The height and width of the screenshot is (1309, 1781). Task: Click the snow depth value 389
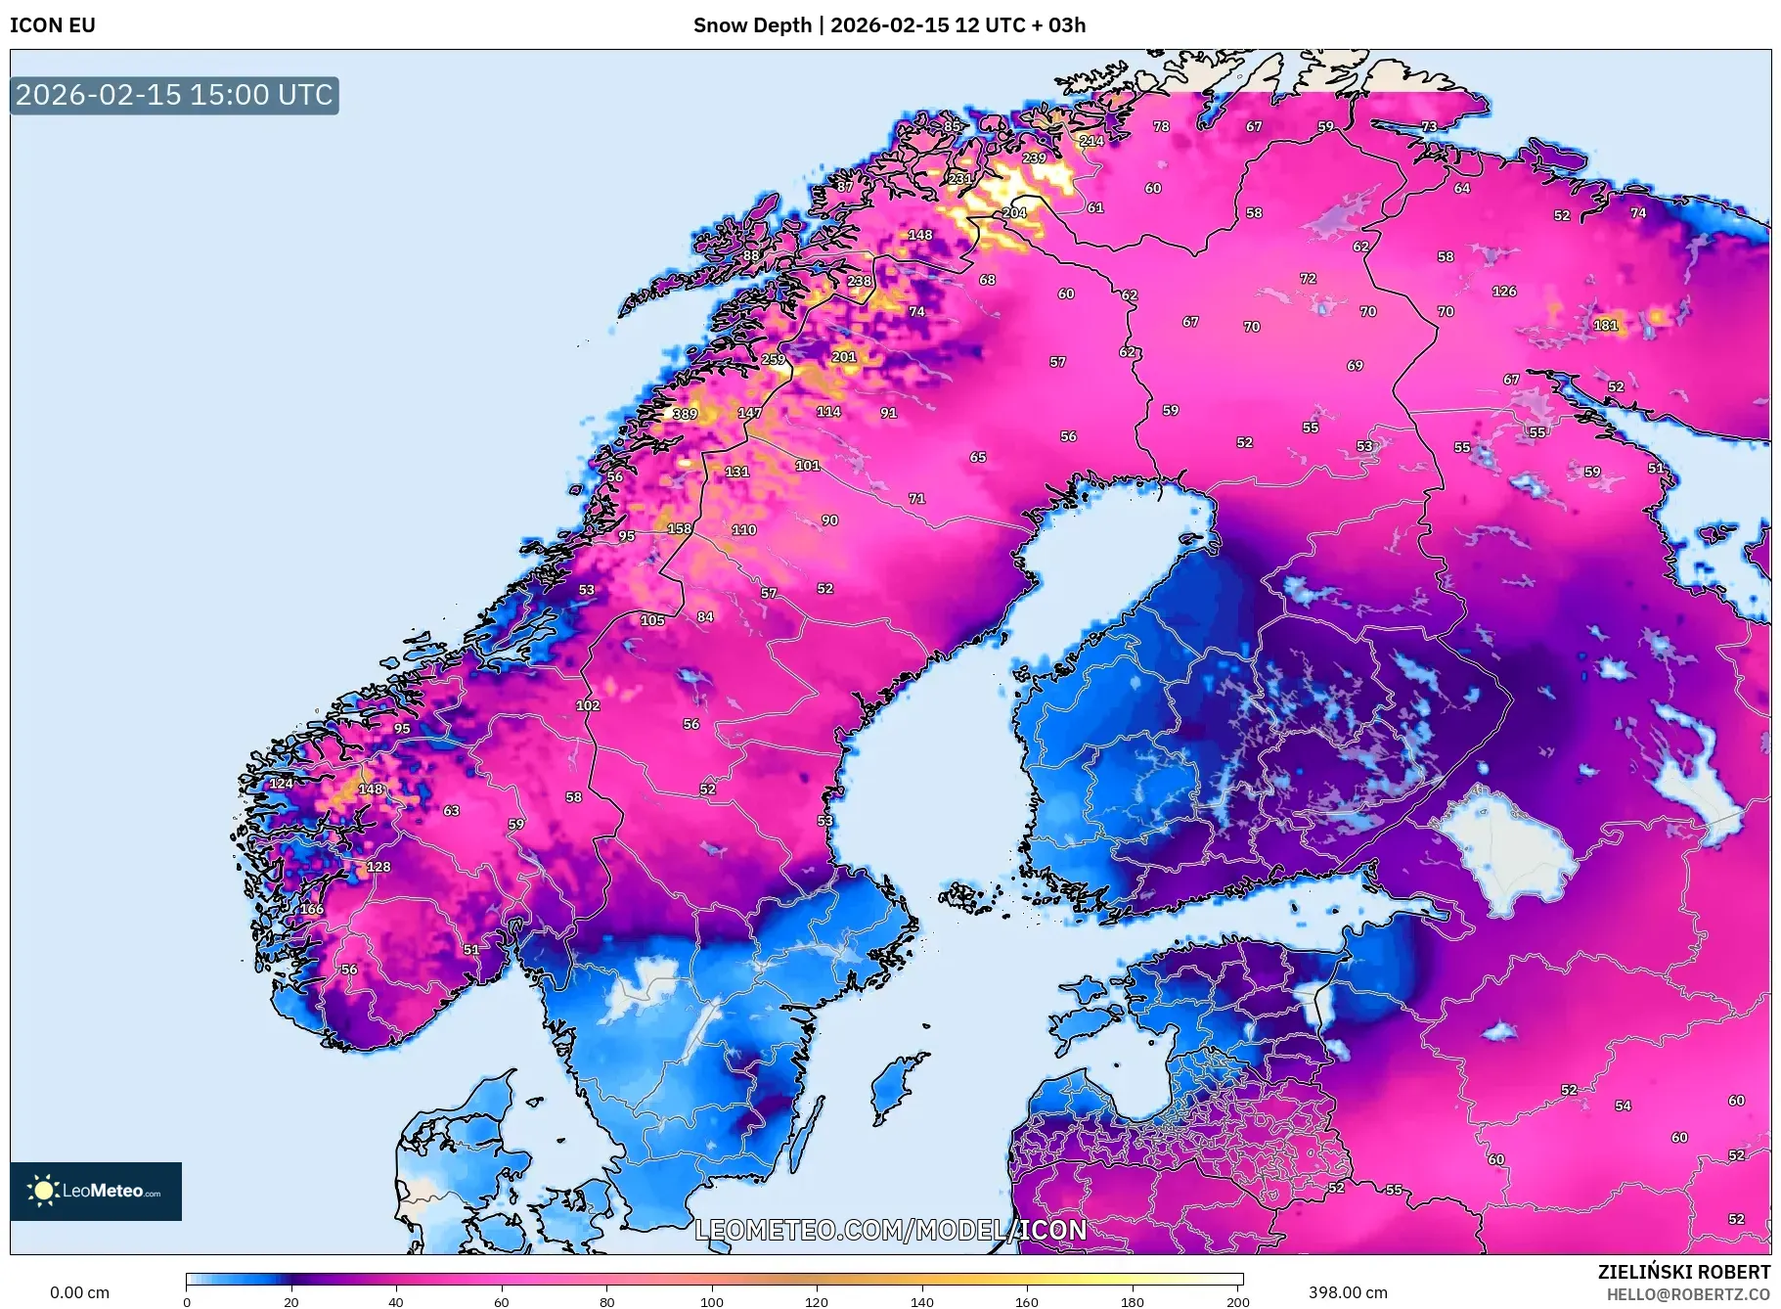[685, 414]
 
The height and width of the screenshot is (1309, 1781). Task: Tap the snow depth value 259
[773, 359]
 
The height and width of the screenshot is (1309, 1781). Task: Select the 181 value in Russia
[1605, 325]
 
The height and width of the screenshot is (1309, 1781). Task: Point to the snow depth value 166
[311, 909]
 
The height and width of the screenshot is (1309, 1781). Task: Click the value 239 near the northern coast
[1034, 158]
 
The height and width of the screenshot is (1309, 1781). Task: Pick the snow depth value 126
[1503, 291]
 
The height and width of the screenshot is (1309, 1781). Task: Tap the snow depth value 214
[1091, 141]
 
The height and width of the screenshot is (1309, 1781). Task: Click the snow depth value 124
[281, 783]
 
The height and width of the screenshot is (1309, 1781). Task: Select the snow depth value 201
[843, 357]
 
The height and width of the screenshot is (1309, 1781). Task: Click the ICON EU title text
[53, 25]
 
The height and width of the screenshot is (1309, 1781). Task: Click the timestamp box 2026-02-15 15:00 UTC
[174, 95]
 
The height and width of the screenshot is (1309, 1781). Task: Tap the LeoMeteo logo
[96, 1191]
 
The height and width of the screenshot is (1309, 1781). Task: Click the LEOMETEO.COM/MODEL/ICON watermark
[890, 1230]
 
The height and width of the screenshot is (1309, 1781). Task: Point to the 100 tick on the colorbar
[712, 1301]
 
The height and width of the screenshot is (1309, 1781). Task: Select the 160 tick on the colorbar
[1027, 1301]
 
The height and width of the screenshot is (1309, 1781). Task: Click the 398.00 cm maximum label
[1348, 1292]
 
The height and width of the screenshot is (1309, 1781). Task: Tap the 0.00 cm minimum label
[79, 1292]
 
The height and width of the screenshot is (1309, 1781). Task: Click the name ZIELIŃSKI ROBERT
[1683, 1272]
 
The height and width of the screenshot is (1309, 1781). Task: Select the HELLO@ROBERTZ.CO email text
[1688, 1294]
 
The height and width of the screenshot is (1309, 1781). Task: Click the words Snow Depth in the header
[751, 25]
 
